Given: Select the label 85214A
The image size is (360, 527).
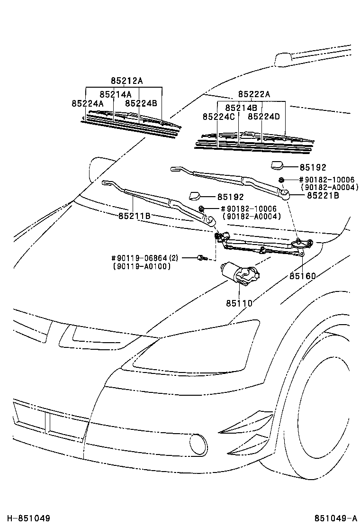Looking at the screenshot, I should point(116,94).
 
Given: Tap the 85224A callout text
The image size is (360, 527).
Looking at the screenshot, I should point(88,103).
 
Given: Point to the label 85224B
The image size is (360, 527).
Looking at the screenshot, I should point(141,103).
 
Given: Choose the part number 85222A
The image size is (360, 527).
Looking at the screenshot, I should point(254,94).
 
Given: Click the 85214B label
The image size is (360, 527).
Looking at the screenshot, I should point(241,108).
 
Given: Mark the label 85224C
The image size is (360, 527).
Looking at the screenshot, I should point(219,117).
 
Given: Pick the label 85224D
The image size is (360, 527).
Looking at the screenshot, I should point(264,117).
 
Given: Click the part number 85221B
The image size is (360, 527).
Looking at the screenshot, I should point(323,195).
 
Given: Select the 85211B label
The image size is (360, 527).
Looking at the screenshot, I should point(135,216).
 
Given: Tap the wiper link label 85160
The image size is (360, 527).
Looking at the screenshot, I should point(303,276).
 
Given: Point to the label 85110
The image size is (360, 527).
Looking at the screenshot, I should point(239,303).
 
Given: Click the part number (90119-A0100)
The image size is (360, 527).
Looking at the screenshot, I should point(142,266).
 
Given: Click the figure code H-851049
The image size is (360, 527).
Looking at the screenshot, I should point(28,518).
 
